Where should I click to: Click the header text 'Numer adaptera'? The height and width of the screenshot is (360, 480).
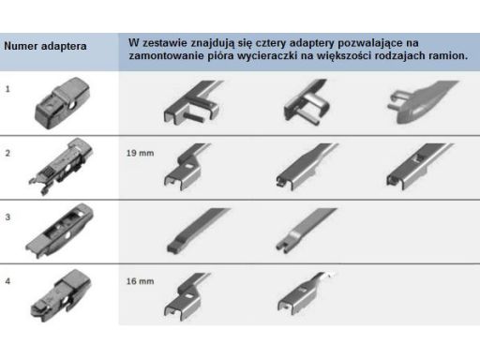coord(45,46)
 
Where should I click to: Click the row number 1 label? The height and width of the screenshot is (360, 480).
coord(7,89)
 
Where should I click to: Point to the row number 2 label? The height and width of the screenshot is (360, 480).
coord(7,153)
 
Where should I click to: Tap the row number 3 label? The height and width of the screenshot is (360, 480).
coord(7,217)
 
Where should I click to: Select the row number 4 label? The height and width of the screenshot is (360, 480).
coord(7,281)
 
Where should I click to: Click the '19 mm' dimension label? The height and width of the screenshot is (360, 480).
coord(140,153)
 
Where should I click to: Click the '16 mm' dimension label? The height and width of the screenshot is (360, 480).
coord(140,281)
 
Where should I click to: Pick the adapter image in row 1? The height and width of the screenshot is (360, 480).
coord(63,103)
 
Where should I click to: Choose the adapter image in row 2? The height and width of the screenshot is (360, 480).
coord(61,167)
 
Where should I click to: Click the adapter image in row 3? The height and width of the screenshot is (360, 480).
coord(59,231)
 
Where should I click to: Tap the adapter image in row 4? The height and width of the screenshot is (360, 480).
coord(61,295)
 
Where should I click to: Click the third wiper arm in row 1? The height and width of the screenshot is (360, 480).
coord(422,101)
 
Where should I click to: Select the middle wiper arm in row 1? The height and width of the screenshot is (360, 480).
coord(307,101)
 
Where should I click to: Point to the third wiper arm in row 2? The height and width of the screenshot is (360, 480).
coord(419,166)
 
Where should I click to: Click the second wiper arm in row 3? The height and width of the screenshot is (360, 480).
coord(305,230)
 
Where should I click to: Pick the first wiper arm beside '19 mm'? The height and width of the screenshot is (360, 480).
coord(187,166)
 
